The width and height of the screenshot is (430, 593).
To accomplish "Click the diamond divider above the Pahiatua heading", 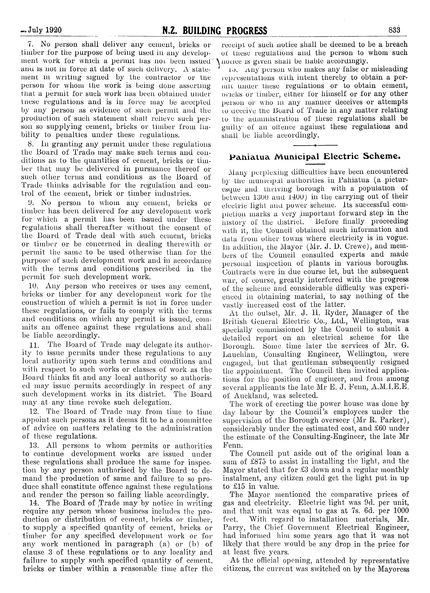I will [x=315, y=145].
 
